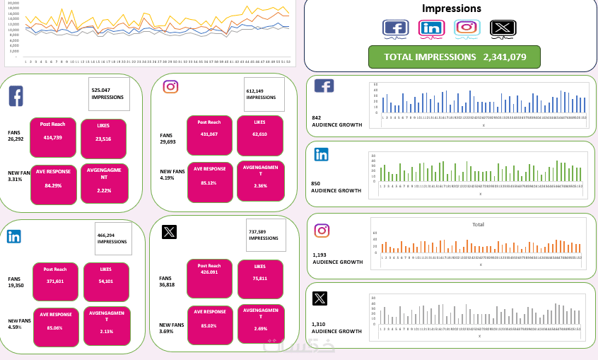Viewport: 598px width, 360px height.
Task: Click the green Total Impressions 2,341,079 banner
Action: [455, 57]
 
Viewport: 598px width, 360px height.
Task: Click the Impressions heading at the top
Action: [451, 9]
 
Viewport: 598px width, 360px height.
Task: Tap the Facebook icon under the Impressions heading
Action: [396, 28]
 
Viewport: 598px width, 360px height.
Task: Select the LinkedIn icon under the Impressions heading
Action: [431, 28]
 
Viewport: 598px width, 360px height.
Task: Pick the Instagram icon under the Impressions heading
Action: [467, 28]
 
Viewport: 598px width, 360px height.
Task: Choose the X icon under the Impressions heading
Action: [503, 28]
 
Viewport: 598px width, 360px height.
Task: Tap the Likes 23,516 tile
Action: [103, 134]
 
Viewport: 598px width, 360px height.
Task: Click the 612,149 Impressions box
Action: [264, 94]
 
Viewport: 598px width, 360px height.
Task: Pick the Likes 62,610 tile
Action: [260, 134]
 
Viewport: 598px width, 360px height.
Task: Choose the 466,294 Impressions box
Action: [112, 238]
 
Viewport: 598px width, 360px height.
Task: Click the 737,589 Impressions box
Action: [266, 235]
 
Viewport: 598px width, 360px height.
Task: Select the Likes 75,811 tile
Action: [260, 278]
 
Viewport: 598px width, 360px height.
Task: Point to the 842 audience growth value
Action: [316, 117]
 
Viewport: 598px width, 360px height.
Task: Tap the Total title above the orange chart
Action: [478, 225]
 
